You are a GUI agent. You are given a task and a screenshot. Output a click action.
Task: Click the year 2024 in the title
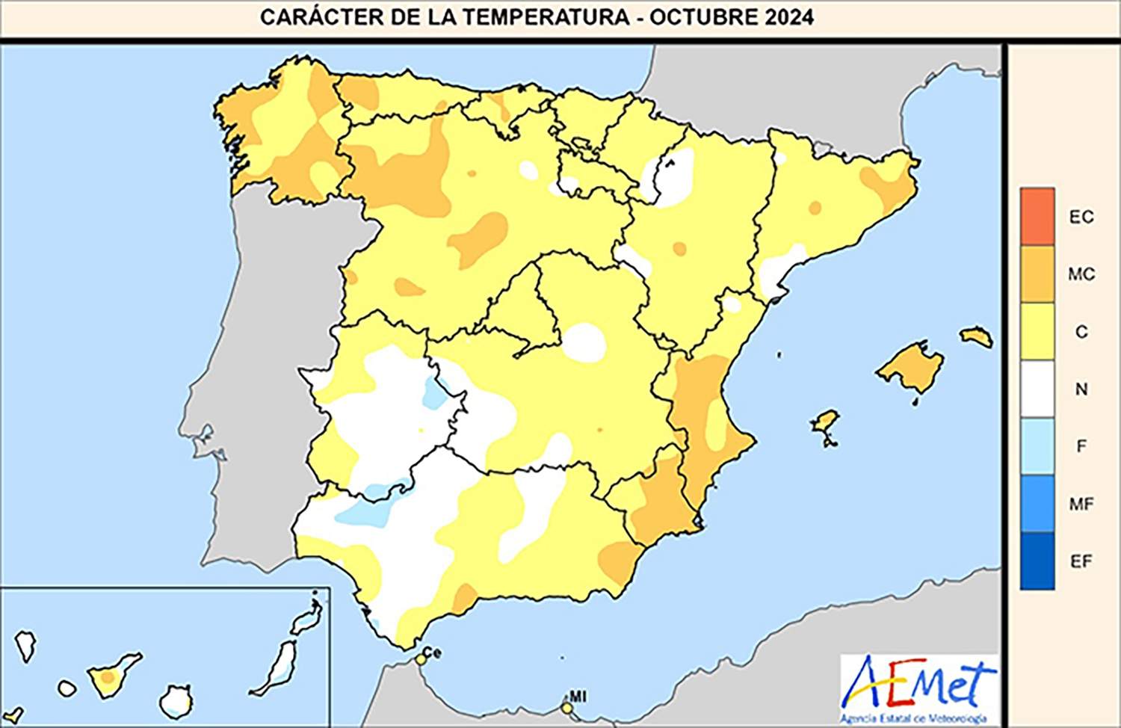pos(789,17)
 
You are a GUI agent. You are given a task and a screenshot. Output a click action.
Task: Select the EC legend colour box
pos(1037,217)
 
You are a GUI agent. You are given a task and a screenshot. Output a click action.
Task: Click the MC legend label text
pos(1081,274)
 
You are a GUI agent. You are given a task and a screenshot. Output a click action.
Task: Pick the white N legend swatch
pos(1037,389)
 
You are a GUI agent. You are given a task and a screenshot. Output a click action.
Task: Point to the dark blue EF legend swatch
pos(1037,561)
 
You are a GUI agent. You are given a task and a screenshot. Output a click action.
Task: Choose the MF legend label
pos(1081,504)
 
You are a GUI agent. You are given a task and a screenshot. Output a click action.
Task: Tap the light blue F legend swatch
pos(1037,446)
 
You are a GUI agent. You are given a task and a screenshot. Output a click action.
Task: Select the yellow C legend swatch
pos(1037,331)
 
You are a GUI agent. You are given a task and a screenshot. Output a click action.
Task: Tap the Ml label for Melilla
pos(578,697)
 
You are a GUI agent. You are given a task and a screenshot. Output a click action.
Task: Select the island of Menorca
pos(976,336)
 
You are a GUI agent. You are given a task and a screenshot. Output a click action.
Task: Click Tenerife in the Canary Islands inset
pos(111,676)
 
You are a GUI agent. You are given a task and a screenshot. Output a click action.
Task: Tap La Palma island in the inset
pos(26,645)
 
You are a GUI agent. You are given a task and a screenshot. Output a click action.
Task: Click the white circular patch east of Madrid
pos(584,342)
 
